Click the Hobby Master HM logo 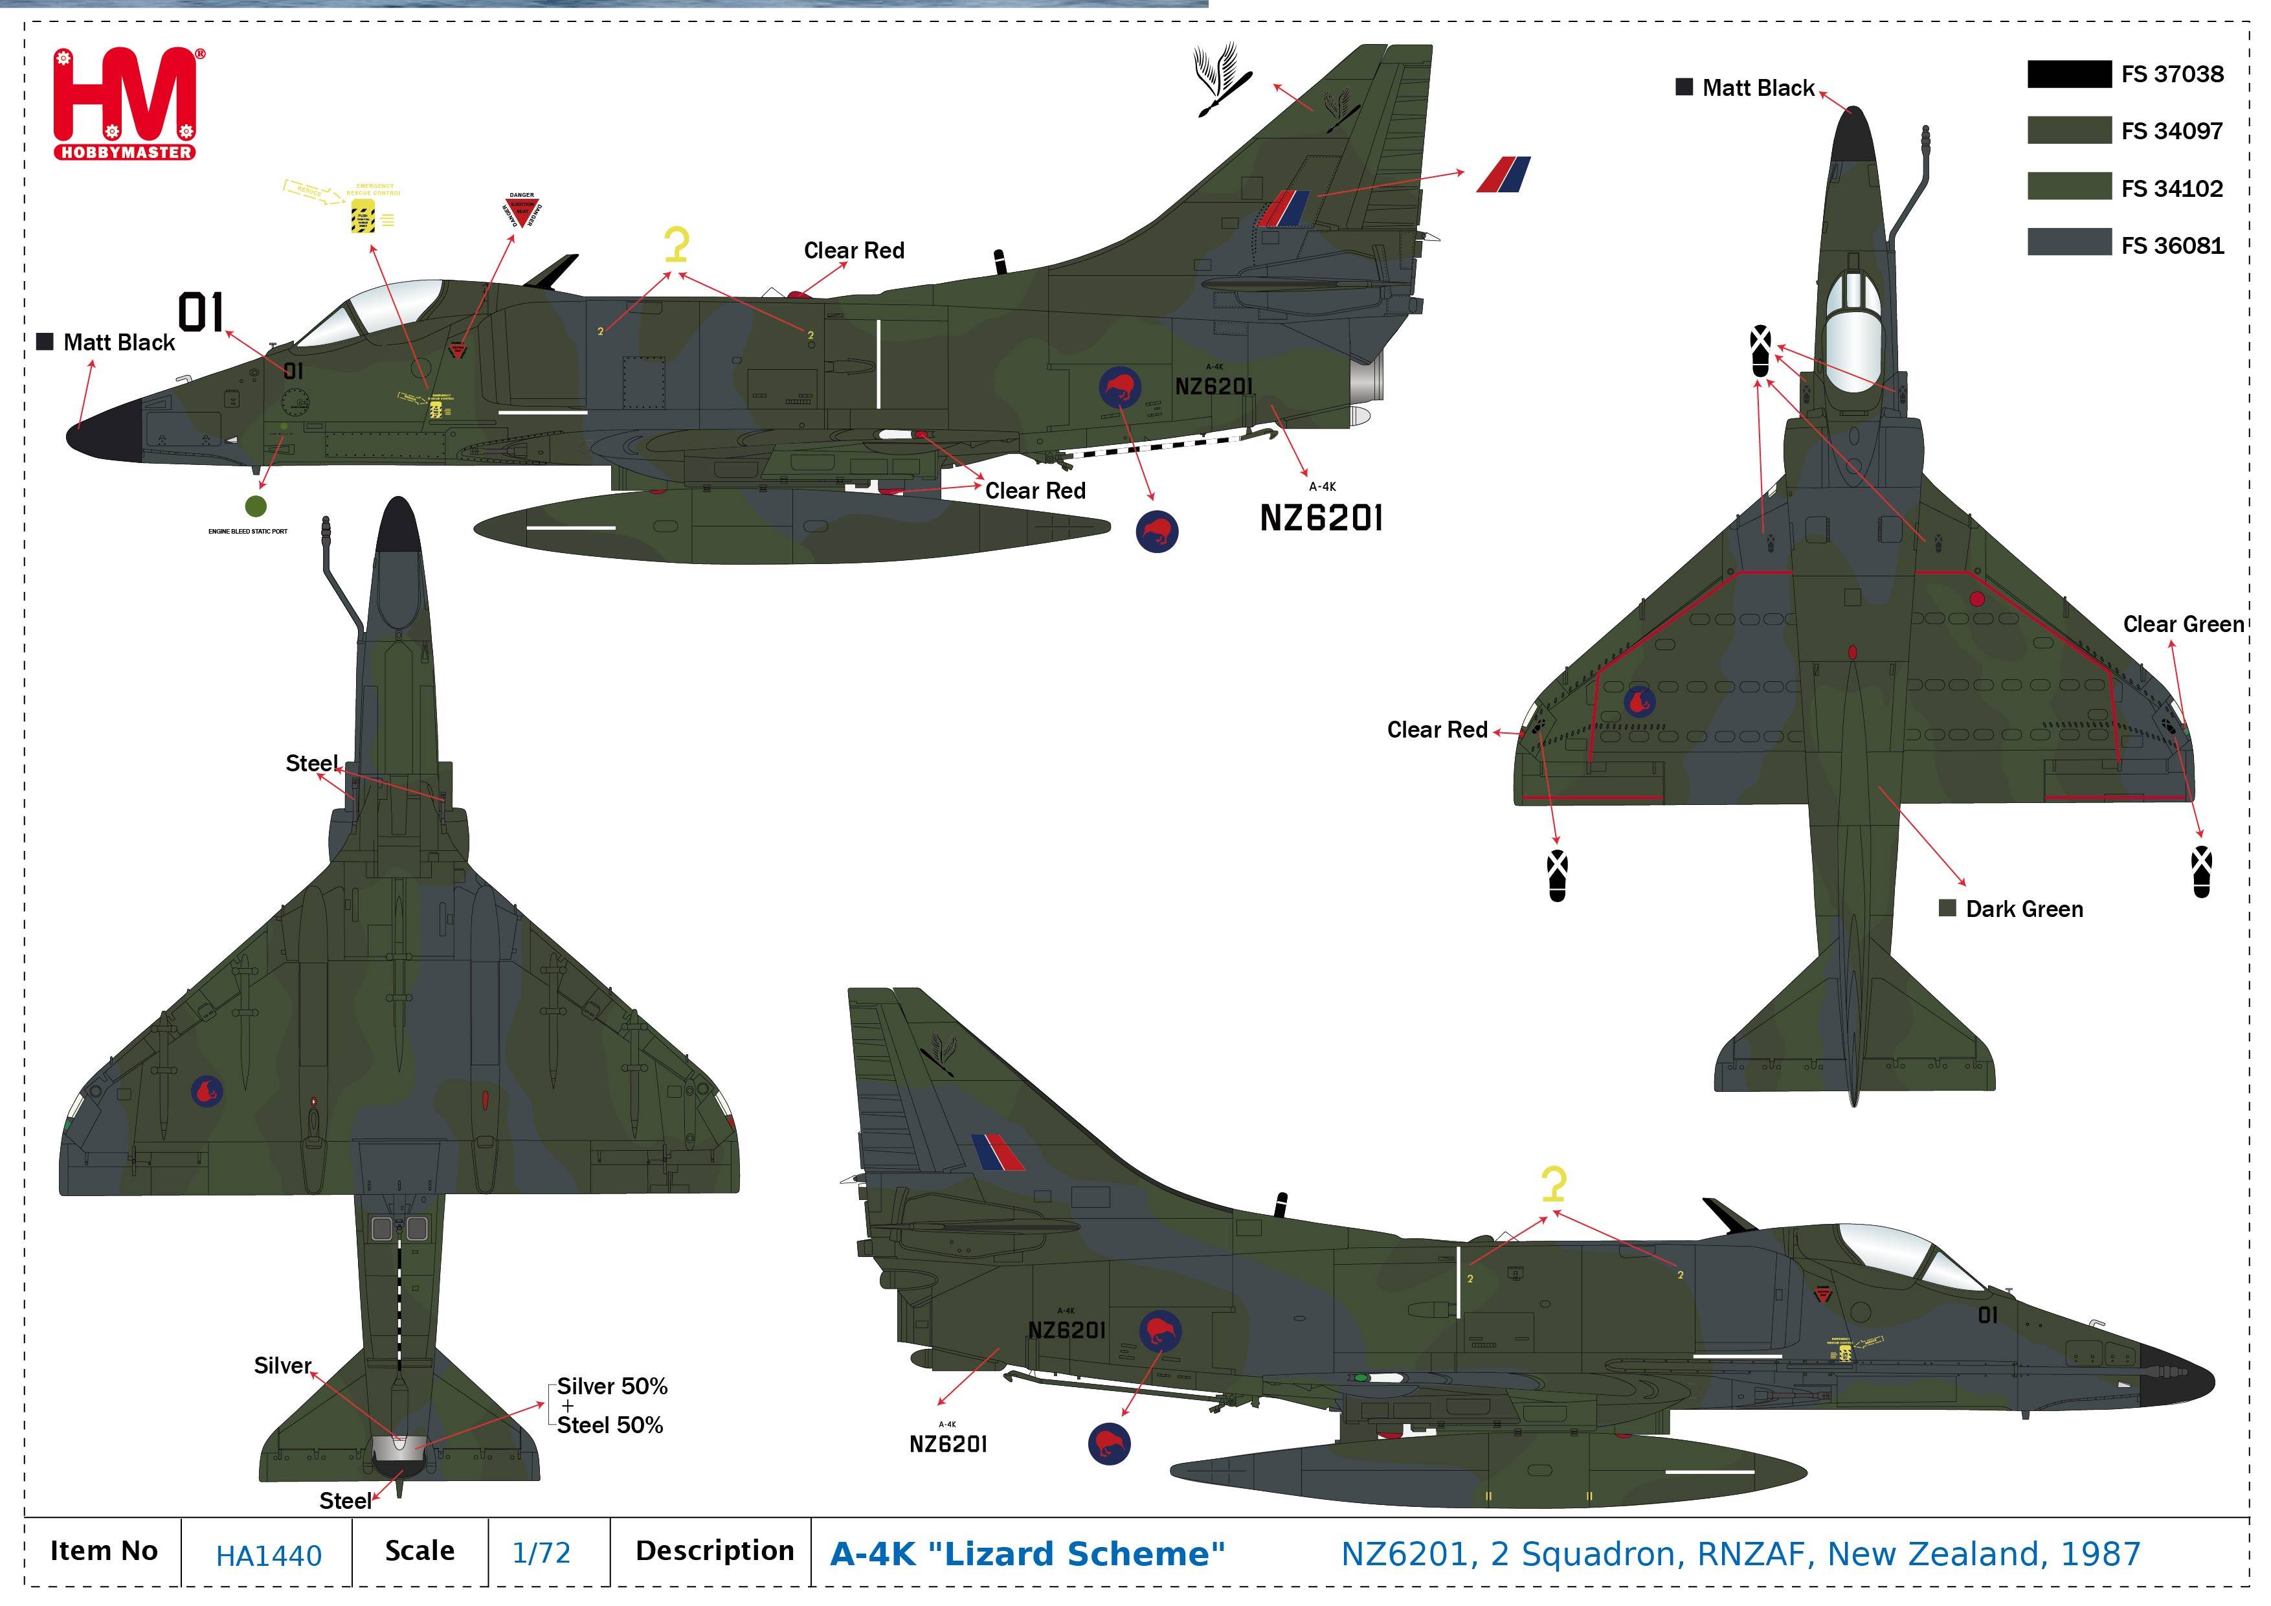tap(125, 103)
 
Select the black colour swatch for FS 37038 tap(2068, 74)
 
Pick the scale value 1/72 tap(541, 1554)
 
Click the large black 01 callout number tap(201, 313)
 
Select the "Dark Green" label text tap(2024, 909)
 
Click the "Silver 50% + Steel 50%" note tap(611, 1405)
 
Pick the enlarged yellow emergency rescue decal tap(364, 214)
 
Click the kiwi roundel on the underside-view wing tap(207, 1091)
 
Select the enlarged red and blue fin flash tap(1503, 174)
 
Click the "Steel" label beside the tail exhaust tap(344, 1501)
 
